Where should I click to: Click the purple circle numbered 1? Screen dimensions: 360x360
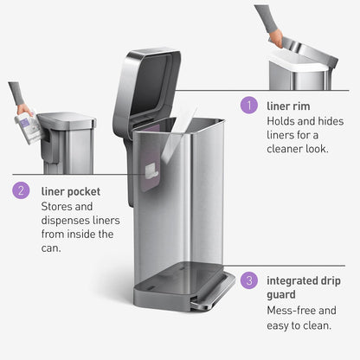click(x=250, y=105)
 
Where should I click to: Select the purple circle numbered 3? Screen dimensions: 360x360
click(x=250, y=280)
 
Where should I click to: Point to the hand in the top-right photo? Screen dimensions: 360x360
click(x=275, y=38)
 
